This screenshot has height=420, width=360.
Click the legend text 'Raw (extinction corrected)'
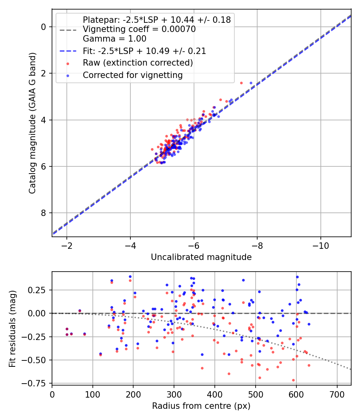point(138,63)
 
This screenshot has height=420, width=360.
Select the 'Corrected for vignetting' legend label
point(132,75)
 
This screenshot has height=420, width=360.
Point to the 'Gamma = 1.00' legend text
point(114,39)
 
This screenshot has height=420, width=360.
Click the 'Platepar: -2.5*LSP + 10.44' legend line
point(156,20)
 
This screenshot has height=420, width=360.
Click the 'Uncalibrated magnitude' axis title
point(201,257)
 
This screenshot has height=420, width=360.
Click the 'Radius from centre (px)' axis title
point(201,406)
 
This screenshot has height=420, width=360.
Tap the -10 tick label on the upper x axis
point(320,245)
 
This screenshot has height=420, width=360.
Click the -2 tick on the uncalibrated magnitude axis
point(67,245)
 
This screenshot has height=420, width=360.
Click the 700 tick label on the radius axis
point(337,394)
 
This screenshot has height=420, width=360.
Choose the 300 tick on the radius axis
point(174,394)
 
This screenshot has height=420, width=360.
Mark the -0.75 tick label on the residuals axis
point(38,383)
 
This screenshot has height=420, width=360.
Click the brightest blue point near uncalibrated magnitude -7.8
point(251,83)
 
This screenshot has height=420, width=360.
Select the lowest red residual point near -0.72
point(293,380)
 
